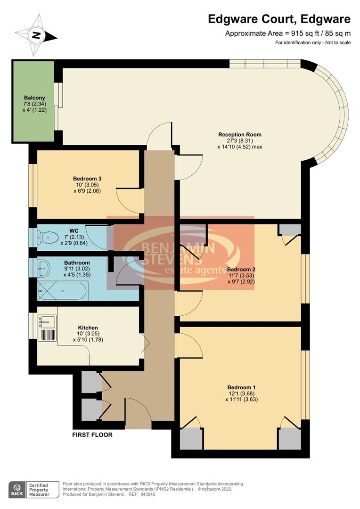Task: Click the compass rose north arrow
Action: coord(36,35)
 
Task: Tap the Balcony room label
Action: coord(34,98)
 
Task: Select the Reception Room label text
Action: coord(239,135)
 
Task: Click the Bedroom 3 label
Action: coord(87,179)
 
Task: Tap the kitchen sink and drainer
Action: coord(47,328)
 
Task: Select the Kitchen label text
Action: coord(88,328)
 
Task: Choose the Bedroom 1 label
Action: coord(241,387)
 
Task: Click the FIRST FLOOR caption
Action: coord(92,435)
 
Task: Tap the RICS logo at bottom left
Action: coord(17,489)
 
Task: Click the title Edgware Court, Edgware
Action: coord(279,19)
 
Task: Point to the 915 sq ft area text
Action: coord(288,33)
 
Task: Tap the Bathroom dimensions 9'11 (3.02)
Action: coord(77,269)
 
